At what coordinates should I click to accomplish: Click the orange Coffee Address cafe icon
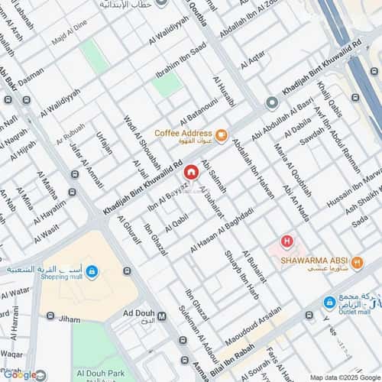(x=221, y=137)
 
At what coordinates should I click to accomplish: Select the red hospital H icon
(x=286, y=242)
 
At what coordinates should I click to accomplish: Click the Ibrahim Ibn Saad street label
(x=181, y=61)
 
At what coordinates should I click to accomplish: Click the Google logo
(x=19, y=374)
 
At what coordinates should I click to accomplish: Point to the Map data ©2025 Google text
(x=344, y=377)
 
